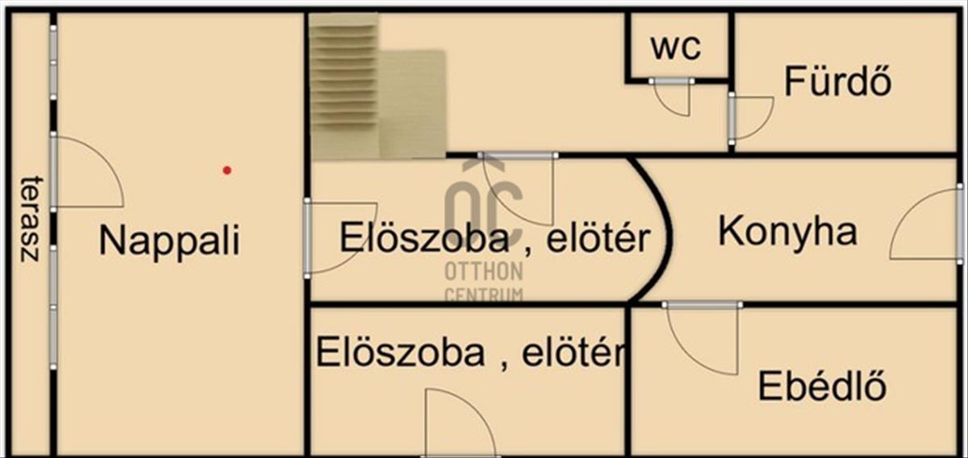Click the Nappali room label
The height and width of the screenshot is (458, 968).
coord(169,242)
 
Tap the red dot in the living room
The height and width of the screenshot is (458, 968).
coord(227,170)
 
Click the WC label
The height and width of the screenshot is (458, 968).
coord(676,48)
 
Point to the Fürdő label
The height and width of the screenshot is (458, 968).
coord(837,81)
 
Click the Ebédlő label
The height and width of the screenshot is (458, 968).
coord(822,386)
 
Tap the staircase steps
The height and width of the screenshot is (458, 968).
coord(344,86)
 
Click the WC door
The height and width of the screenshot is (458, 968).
coord(672,97)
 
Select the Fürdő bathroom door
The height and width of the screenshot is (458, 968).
coord(751,118)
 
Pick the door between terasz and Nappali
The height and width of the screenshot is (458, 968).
coord(87,172)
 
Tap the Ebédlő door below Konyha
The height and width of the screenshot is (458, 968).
coord(703,338)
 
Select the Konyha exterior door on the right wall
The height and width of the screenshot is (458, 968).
coord(927,224)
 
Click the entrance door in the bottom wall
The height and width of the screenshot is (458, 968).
coord(461,422)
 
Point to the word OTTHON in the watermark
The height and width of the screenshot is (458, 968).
coord(484,272)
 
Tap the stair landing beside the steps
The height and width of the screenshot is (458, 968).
coord(413,104)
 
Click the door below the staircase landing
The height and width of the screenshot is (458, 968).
coord(518,189)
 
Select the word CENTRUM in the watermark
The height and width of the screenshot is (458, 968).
coord(484,295)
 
